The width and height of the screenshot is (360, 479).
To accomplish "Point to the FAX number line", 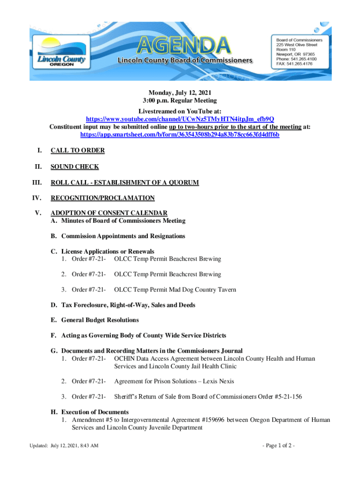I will (294, 65).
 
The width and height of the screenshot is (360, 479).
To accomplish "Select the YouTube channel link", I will (180, 119).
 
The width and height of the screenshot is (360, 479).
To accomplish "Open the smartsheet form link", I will (180, 134).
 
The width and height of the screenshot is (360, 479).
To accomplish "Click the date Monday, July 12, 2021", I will (180, 93).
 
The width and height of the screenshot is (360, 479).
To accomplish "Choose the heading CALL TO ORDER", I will (78, 151).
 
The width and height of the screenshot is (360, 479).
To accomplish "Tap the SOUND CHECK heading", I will (75, 167).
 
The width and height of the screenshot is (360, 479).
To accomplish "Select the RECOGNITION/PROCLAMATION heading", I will (102, 198).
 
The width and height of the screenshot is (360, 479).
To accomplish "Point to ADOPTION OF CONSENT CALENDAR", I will (109, 213).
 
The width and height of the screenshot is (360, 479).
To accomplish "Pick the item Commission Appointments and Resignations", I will (123, 236).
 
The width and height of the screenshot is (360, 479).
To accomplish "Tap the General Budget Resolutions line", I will (100, 320).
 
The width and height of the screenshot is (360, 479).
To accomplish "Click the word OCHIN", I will (125, 358).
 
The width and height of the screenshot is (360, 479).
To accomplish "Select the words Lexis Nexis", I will (220, 381).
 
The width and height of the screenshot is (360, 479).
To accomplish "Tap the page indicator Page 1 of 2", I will (279, 445).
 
